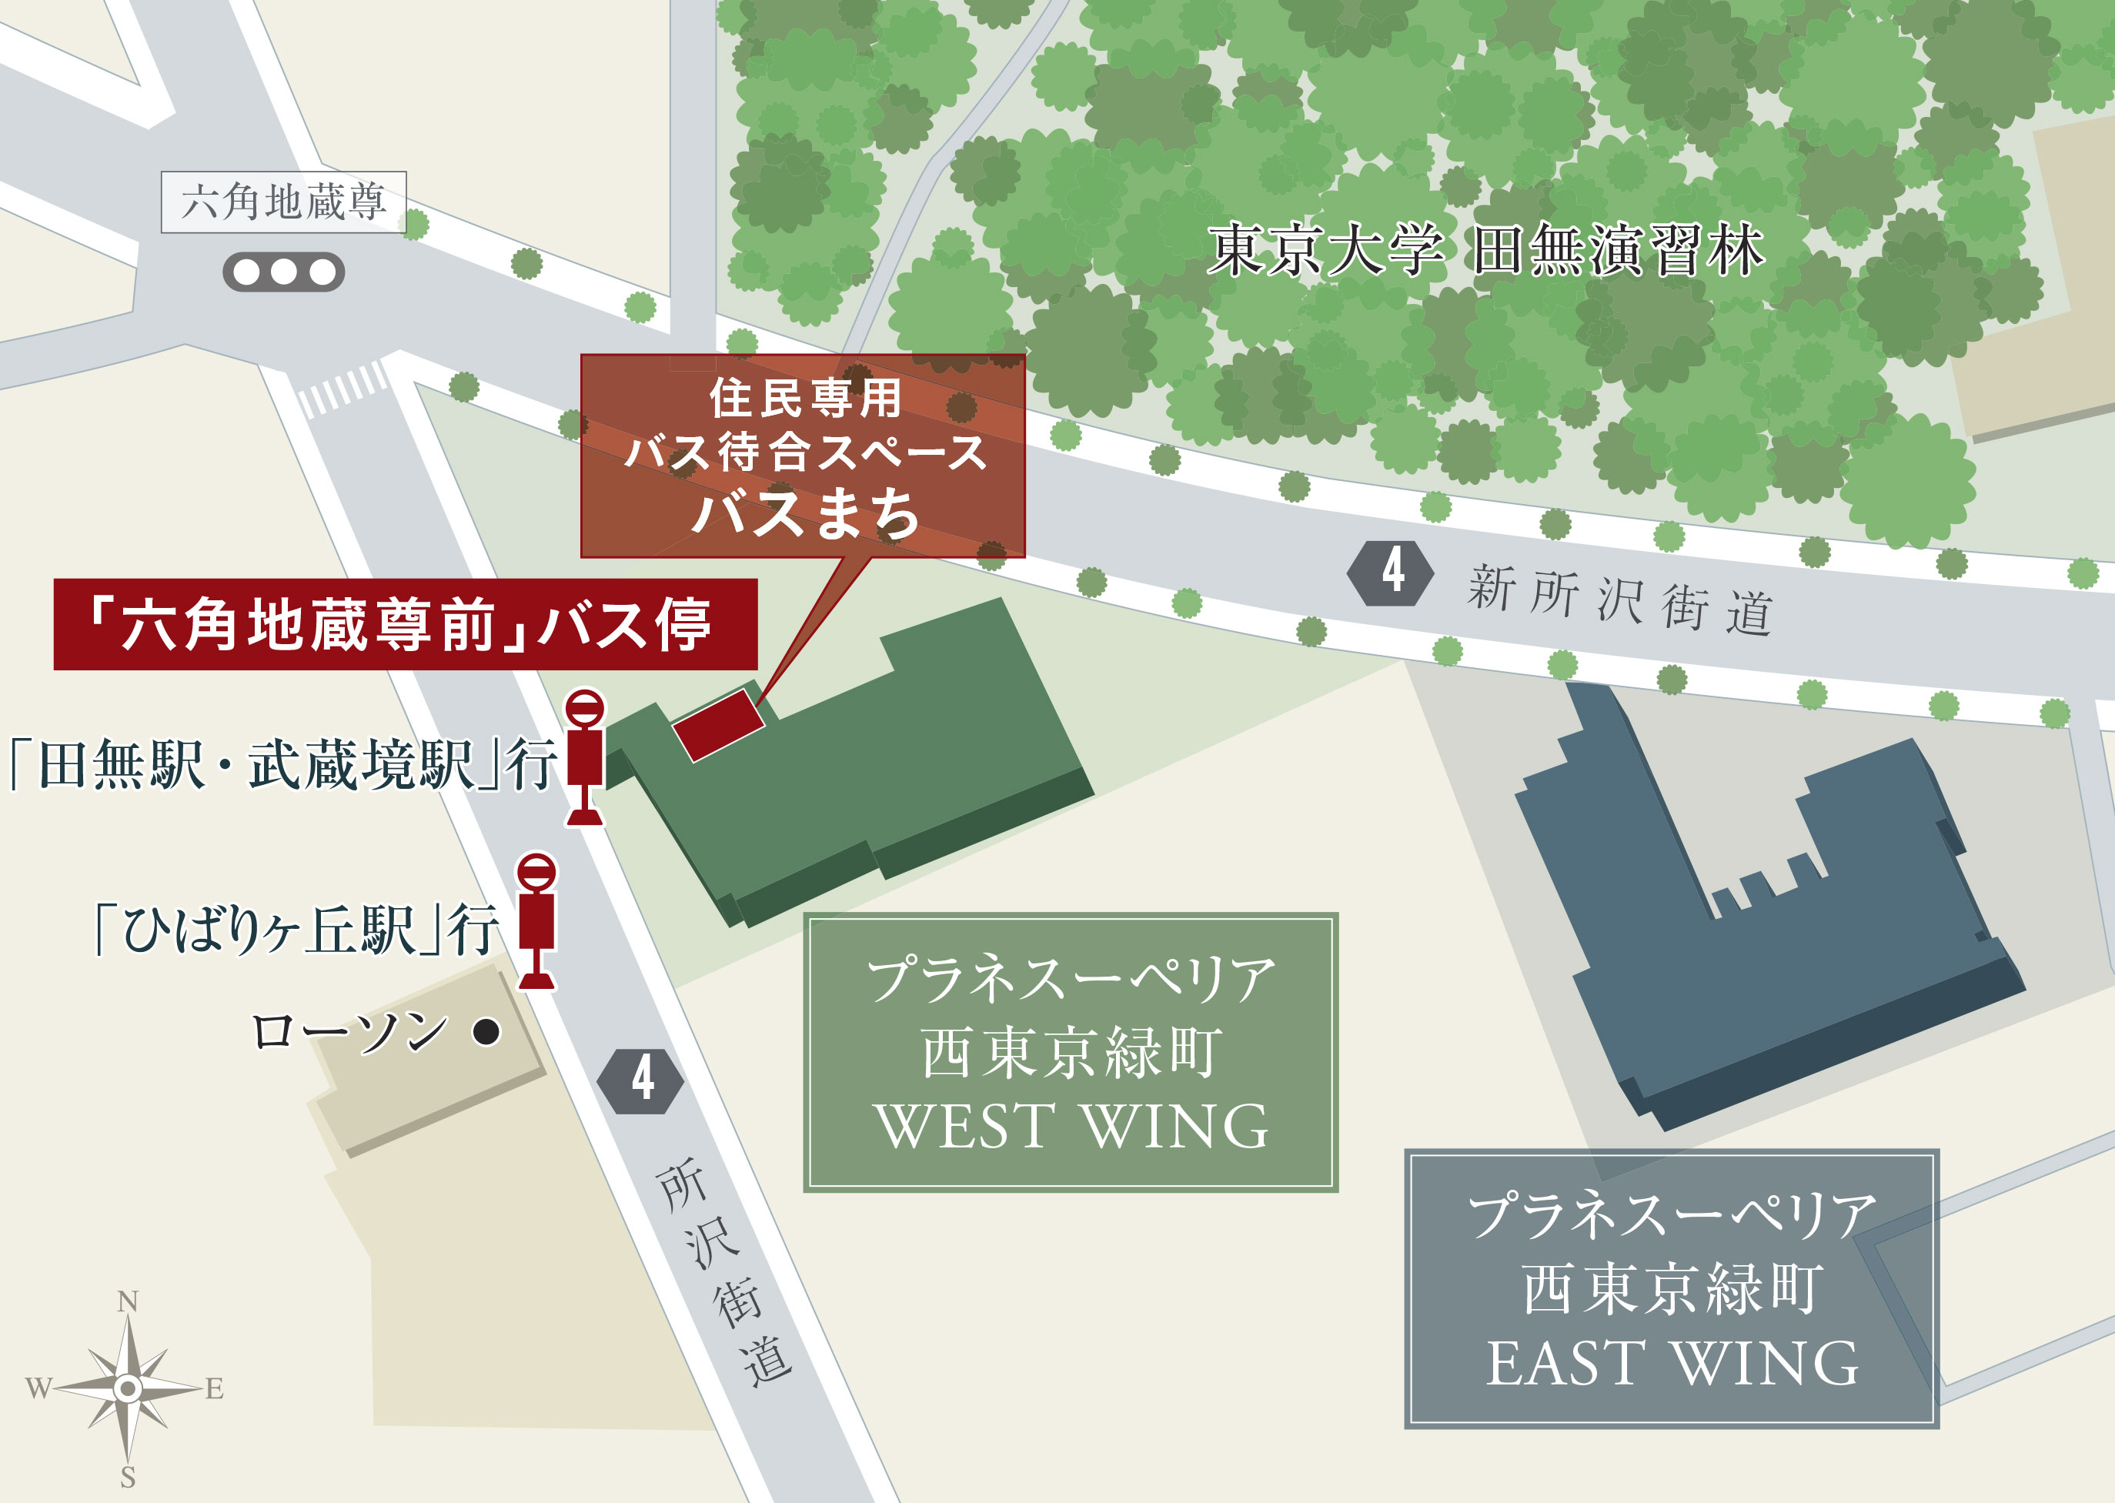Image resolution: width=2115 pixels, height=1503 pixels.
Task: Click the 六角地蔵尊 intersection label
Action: pos(283,202)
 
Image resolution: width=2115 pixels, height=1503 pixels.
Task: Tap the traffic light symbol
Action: pos(283,272)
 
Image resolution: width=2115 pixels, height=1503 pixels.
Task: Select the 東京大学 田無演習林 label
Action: pos(1485,250)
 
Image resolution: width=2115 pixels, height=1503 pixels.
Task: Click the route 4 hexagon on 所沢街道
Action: pos(640,1080)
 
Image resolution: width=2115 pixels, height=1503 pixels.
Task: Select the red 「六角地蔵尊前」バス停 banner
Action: pos(406,625)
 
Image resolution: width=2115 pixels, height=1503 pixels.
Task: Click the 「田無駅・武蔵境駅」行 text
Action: pos(282,764)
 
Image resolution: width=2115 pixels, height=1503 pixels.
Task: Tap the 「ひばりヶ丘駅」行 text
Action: pos(296,929)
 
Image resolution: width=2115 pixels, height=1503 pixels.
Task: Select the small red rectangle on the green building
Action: pos(718,726)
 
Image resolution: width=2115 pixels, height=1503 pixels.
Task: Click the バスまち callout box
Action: pos(803,456)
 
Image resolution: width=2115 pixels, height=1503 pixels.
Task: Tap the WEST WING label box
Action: pos(1070,1052)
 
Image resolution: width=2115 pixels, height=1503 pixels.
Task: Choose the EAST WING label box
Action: pos(1671,1288)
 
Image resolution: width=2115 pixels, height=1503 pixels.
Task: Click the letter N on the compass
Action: pos(128,1302)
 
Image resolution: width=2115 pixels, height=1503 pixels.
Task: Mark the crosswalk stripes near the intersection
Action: pos(342,389)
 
